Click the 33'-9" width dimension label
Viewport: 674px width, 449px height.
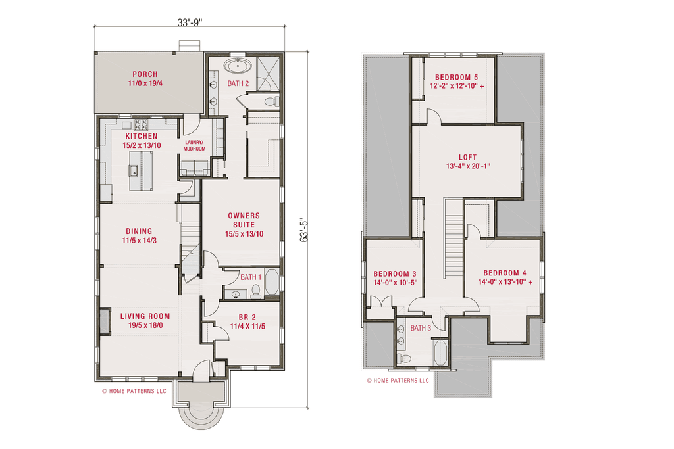click(190, 23)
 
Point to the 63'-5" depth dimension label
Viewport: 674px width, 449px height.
click(304, 230)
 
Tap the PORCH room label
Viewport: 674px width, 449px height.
click(145, 74)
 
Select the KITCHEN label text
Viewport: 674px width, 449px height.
click(142, 136)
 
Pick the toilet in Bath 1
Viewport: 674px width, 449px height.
click(256, 291)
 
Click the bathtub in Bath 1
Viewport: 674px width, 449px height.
click(272, 281)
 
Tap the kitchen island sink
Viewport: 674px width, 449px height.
click(133, 170)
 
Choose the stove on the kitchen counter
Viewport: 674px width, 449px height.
click(141, 124)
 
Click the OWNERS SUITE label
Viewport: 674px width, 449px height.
click(244, 220)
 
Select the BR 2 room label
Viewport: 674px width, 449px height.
click(247, 318)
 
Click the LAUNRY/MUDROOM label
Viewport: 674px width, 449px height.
click(194, 145)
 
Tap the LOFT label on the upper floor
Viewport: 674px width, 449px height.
click(468, 158)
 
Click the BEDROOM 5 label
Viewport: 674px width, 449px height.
click(457, 78)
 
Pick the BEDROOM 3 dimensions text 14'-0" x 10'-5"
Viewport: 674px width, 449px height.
click(396, 283)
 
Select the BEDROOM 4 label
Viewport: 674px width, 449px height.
click(505, 273)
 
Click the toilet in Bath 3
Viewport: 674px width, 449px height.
click(405, 358)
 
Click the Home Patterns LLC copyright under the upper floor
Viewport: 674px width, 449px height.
click(398, 381)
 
